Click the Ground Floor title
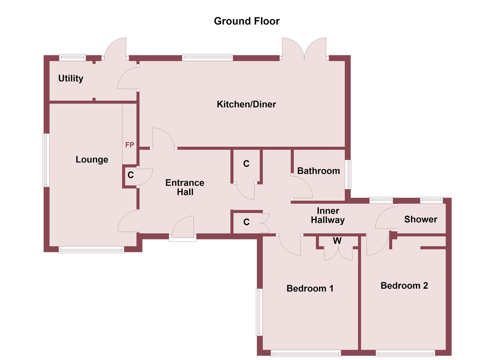pos(247,21)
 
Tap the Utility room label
pos(71,78)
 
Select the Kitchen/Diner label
pos(246,104)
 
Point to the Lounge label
pos(92,159)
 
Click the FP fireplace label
pos(130,145)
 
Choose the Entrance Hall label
pos(185,187)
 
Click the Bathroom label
pos(318,171)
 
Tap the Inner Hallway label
pos(328,215)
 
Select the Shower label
pos(421,219)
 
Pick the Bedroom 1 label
pos(310,288)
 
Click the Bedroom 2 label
pos(404,286)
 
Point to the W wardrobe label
pos(337,241)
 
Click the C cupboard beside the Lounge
pos(131,175)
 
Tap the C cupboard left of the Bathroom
pos(246,164)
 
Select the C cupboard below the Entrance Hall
pos(246,222)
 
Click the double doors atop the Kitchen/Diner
pos(304,50)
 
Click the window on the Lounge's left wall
pos(46,160)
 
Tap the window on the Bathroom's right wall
pos(348,174)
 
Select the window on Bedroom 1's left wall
pos(259,312)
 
